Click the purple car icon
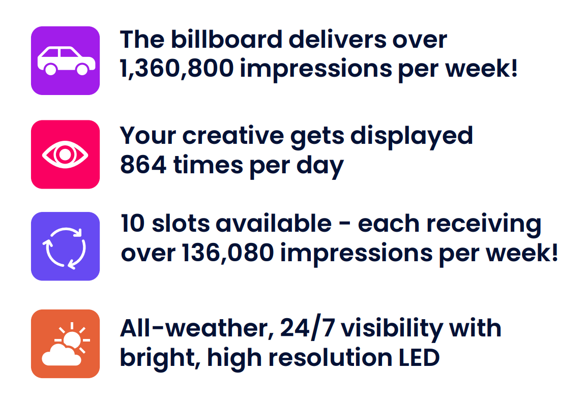tap(66, 60)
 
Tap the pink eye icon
tap(66, 154)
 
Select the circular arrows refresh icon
tap(66, 246)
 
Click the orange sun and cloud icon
tap(66, 344)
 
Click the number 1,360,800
tap(177, 69)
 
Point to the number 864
tap(143, 165)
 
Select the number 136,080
tap(228, 253)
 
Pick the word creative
tap(233, 136)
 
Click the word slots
tap(181, 224)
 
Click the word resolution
tap(330, 358)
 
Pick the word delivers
tap(337, 39)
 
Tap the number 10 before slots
tap(133, 224)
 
